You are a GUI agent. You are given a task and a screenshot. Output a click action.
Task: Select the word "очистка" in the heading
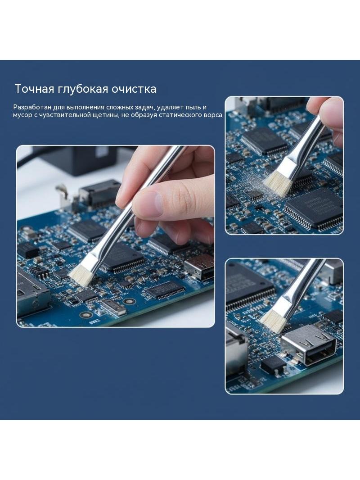click(x=134, y=89)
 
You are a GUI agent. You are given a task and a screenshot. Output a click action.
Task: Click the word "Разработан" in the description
click(x=32, y=108)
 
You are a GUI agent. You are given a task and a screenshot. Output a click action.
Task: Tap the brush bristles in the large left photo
click(x=81, y=276)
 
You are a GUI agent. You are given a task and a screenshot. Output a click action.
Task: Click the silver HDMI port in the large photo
click(x=199, y=267)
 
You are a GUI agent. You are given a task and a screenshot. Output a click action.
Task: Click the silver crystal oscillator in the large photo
click(x=112, y=307)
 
